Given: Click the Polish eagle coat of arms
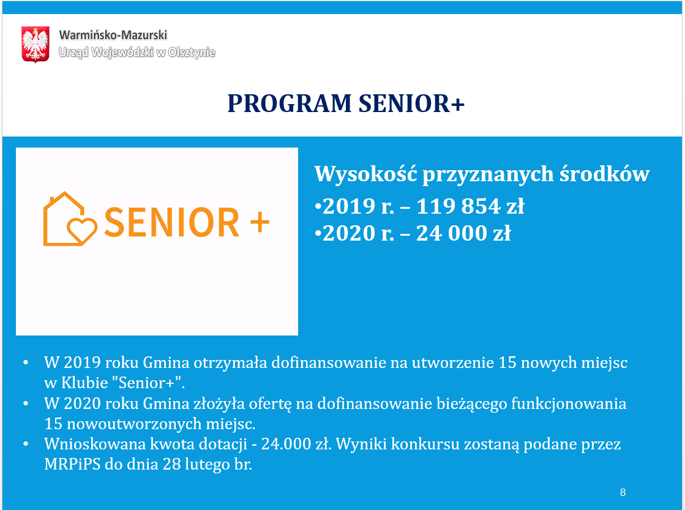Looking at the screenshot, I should tap(35, 43).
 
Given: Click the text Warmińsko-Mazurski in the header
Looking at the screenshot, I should tap(113, 36).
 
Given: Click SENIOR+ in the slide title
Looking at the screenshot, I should tap(411, 104).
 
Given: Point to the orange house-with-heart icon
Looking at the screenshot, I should tap(70, 220).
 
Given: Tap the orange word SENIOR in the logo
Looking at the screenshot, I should tap(172, 222).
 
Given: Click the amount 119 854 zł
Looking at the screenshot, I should tap(470, 207).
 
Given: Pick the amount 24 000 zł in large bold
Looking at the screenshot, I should tap(463, 233).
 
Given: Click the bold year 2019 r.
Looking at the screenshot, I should tap(358, 207).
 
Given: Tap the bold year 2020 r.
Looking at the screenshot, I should tap(358, 233).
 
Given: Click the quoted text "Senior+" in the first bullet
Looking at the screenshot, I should tap(152, 383).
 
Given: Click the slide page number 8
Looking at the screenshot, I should tap(623, 492).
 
